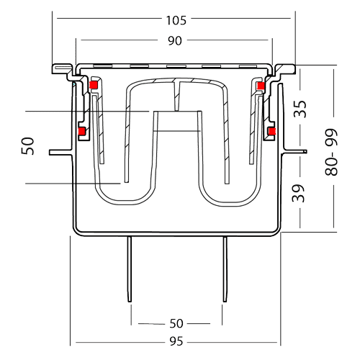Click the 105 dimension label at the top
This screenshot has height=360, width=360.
(176, 20)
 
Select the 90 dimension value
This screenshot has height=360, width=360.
(175, 41)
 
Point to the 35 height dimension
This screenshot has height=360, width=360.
(300, 109)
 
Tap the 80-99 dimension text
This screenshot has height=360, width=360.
(331, 153)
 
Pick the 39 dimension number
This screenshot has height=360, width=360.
(298, 193)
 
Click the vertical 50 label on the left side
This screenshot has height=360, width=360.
(27, 145)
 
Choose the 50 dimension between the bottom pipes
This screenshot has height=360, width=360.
(176, 323)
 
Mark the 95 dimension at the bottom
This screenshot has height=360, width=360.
(176, 341)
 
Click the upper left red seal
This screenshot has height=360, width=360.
(93, 85)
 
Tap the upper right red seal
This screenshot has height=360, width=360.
(260, 86)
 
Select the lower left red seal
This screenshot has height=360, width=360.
(82, 131)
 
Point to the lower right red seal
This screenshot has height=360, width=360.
(272, 131)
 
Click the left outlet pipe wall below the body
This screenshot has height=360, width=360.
(130, 269)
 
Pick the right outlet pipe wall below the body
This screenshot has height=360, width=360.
(225, 269)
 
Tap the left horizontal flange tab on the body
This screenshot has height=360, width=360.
(61, 153)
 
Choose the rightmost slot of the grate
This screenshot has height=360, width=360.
(248, 66)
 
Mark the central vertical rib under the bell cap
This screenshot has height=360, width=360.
(177, 96)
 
